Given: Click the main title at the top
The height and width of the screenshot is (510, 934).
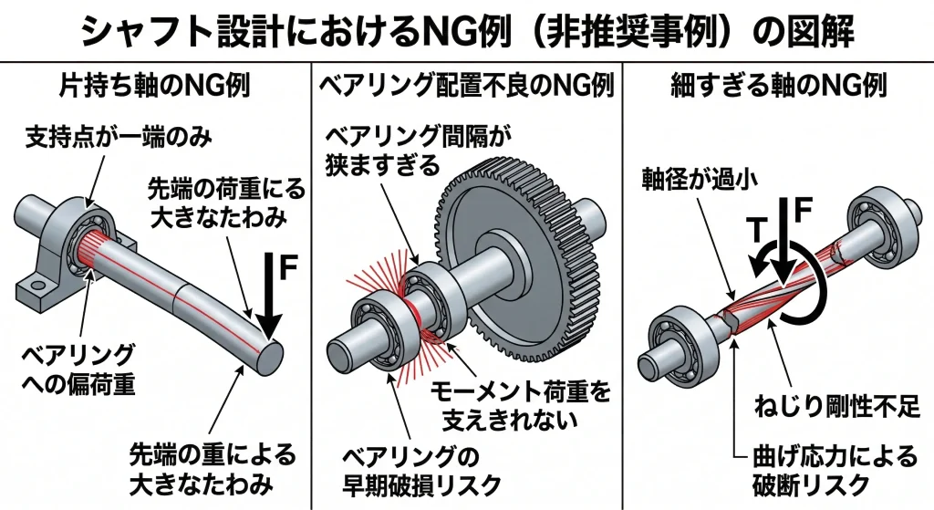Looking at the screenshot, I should (467, 32).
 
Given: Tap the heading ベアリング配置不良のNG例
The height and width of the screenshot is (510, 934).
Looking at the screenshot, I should (466, 88).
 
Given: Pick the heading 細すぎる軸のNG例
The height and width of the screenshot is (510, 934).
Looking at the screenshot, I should (778, 88).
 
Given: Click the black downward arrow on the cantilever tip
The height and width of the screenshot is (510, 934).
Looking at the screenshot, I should (270, 297).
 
